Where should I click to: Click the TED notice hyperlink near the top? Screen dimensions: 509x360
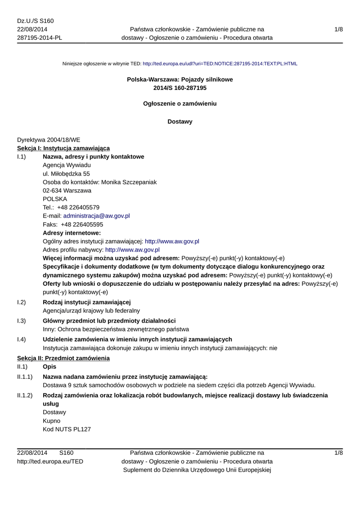[220, 64]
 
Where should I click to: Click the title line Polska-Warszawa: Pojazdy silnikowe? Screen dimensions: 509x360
[180, 80]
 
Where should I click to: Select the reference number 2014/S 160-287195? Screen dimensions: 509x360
[180, 88]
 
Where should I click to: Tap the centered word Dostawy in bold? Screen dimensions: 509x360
[180, 121]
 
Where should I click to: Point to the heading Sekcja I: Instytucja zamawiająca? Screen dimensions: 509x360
[64, 148]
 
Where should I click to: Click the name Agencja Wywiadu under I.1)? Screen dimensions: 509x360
[67, 165]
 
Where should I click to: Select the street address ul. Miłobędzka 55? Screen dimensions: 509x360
[66, 173]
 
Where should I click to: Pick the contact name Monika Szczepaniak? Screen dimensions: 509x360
[129, 182]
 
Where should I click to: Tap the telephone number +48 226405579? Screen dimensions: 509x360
[78, 207]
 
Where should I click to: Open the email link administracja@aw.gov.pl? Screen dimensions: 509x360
[96, 216]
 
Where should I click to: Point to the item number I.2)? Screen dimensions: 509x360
[21, 302]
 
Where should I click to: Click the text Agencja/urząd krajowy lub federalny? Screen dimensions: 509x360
[92, 311]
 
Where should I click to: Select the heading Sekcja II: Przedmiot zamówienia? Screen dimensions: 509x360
[64, 358]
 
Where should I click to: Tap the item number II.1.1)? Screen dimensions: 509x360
[25, 377]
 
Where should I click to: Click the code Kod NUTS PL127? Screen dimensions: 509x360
[67, 429]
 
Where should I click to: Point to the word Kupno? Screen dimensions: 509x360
[52, 421]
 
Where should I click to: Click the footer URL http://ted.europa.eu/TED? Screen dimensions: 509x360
[50, 461]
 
